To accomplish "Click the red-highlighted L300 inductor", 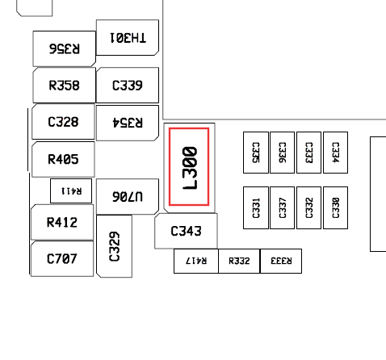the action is point(189,166).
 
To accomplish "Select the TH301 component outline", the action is point(128,37).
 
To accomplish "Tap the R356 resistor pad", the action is point(64,48).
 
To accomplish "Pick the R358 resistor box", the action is point(64,86).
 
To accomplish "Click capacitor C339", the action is point(128,85).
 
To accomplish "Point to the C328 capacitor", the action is point(63,122).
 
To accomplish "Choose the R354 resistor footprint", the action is point(128,123).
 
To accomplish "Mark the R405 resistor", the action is point(63,159).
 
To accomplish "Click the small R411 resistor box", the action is point(71,190).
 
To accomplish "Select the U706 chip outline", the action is point(128,196).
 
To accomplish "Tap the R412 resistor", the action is point(62,222).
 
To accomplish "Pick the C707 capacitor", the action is point(62,258).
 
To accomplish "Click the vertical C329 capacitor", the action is point(114,246).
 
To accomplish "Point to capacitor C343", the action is point(186,231).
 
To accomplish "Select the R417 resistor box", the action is point(196,261).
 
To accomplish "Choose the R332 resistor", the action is point(239,261).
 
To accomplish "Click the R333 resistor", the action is point(281,261).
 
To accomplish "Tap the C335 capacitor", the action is point(256,153).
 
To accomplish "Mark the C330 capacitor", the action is point(335,207).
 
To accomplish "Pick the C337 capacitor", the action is point(282,207).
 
